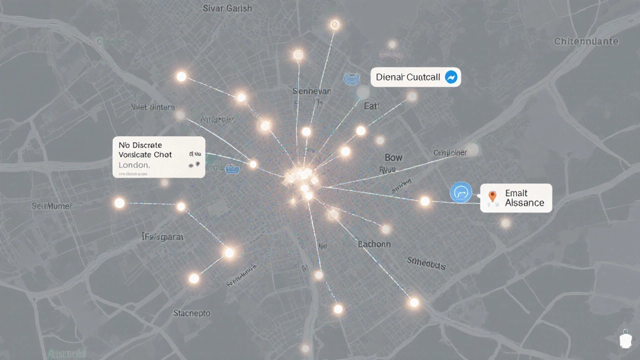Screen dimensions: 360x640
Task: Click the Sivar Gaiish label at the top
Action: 227,8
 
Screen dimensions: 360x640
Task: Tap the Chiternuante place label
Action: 586,41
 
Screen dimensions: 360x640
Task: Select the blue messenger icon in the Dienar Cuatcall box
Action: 451,77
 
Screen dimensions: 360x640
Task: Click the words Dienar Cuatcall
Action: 408,77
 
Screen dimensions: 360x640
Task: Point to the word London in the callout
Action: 134,164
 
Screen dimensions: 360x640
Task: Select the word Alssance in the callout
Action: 524,202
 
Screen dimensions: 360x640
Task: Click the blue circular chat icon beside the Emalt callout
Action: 461,192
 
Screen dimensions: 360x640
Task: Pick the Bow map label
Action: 393,157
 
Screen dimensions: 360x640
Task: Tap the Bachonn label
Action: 374,244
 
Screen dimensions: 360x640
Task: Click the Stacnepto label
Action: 192,313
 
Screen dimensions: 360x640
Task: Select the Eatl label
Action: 371,105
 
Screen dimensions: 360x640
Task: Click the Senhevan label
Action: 311,91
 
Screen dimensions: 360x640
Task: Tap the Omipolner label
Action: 449,152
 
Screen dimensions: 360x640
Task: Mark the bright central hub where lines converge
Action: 301,177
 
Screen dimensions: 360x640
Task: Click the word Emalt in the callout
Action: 516,192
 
